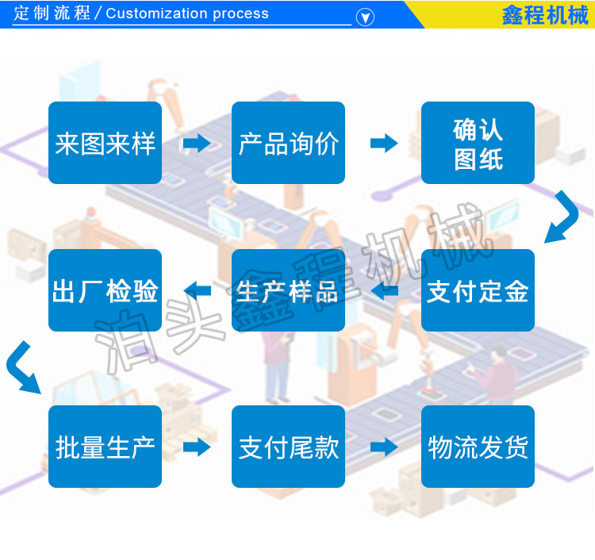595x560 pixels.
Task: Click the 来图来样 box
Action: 105,143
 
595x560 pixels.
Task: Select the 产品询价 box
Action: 288,143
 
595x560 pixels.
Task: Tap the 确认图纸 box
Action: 478,143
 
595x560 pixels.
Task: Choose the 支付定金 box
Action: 478,290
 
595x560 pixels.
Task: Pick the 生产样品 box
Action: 288,290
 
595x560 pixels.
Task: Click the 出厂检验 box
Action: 105,290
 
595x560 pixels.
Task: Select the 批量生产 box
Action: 105,447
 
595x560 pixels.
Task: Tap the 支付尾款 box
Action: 288,447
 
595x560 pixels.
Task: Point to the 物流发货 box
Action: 478,447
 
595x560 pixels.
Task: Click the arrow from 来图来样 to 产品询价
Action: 197,143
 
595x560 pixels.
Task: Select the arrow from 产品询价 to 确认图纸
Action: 384,143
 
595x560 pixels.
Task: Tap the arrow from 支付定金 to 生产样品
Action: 384,290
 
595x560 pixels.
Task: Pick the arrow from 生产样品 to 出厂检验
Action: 197,290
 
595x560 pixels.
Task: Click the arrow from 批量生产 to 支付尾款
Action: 197,447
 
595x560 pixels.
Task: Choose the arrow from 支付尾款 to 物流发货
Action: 384,447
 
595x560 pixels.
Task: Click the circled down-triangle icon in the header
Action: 365,17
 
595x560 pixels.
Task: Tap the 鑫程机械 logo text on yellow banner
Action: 545,15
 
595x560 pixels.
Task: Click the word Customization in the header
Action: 157,13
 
